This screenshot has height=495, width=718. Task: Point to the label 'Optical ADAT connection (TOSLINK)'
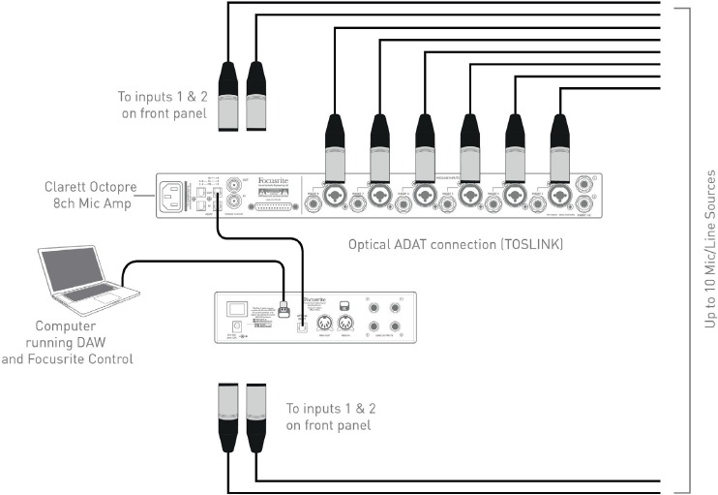tap(455, 246)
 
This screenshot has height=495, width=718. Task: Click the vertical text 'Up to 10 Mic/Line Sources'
tap(710, 250)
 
